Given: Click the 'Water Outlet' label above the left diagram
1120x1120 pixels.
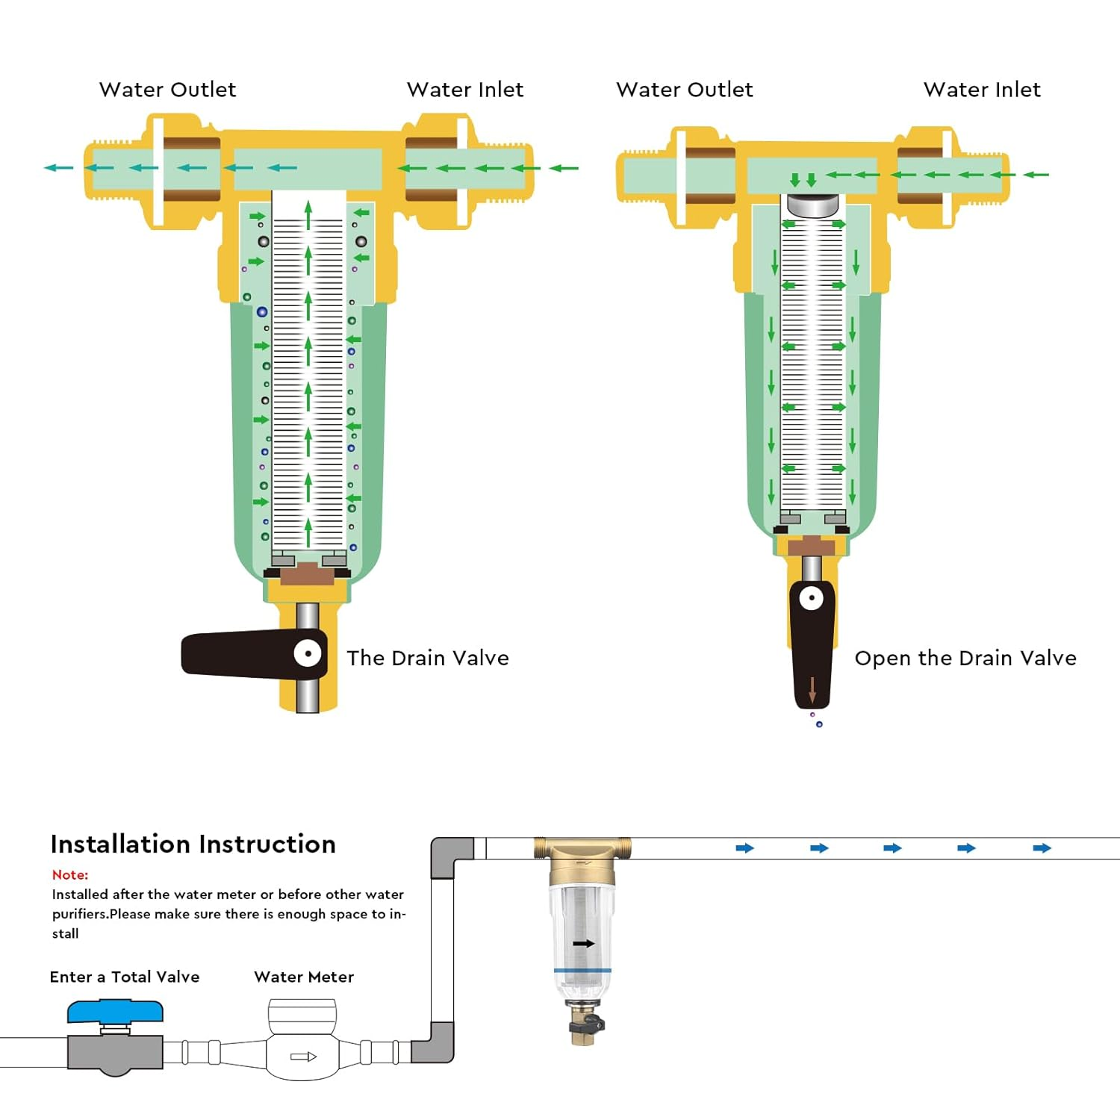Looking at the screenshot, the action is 167,90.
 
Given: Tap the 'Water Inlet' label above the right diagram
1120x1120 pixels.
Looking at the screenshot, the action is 982,90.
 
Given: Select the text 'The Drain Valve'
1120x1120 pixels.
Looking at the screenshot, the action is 428,658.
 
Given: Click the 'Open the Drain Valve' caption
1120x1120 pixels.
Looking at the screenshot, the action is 965,658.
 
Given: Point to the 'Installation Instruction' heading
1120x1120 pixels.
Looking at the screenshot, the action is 193,844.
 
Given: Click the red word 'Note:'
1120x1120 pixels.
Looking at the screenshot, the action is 70,874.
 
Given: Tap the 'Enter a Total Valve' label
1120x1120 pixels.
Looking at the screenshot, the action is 125,977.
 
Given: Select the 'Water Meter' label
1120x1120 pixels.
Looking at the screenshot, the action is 304,977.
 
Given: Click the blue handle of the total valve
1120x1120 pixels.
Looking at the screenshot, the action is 115,1012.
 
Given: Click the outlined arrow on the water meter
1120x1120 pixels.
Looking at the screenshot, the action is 303,1057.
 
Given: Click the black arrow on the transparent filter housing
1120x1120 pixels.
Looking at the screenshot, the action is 583,944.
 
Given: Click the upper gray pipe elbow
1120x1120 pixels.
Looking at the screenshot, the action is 452,857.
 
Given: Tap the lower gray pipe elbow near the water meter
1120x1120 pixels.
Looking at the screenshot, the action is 432,1042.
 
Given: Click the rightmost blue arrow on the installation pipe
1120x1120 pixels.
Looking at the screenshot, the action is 1042,848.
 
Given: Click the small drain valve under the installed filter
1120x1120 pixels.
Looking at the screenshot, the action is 584,1025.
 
